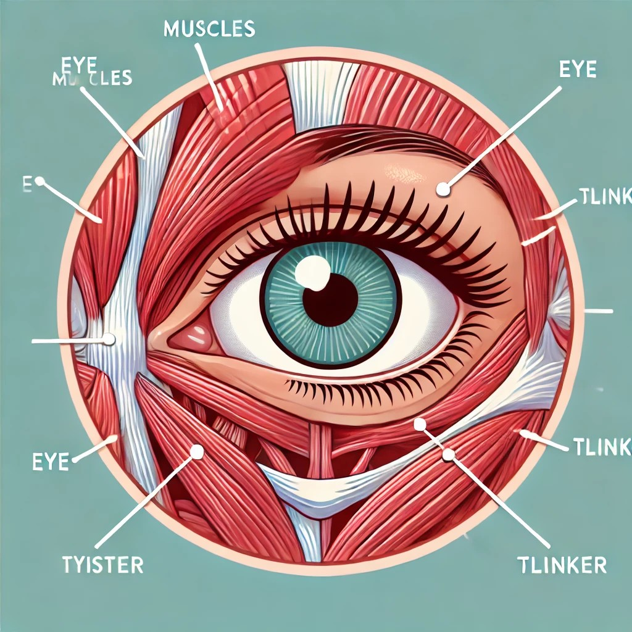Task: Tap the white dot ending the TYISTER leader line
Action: [197, 452]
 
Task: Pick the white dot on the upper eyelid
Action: [443, 189]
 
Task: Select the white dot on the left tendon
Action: [109, 339]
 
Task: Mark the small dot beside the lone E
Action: [40, 182]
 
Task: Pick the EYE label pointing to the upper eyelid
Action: [578, 69]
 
